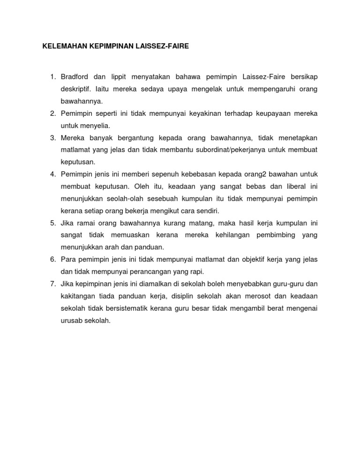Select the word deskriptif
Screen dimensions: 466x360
click(76, 89)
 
